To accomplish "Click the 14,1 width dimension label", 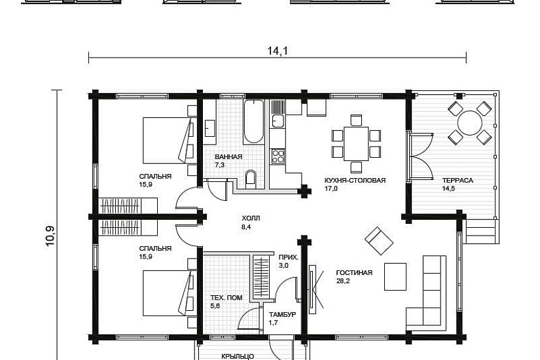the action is coord(278,51).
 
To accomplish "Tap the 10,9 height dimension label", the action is coord(50,236).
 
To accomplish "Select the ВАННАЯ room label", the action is coord(228,156).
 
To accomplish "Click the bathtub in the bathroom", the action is coord(254,122).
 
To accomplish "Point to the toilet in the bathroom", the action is coord(251,179).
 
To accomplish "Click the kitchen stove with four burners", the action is coord(278,156).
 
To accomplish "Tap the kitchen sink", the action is coord(278,121).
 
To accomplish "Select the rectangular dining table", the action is coord(356,143).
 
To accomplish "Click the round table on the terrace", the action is coord(469,123).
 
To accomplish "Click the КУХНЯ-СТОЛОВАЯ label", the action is coord(355,180).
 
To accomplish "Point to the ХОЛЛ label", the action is coord(251,219).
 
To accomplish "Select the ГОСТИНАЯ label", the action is coord(354,273).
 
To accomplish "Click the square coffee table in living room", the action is coord(395,277).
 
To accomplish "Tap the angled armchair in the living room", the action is coord(379,241).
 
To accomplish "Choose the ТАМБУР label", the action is coord(282,315).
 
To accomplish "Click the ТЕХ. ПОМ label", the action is coord(226,298).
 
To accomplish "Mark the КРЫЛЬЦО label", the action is coord(238,356).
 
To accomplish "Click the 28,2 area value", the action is coord(343,281).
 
